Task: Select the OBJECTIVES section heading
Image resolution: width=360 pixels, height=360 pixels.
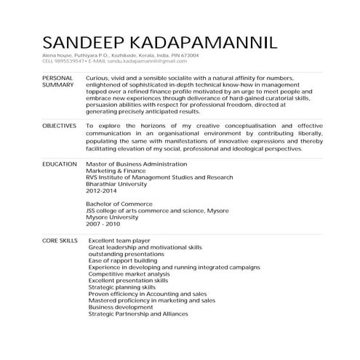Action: pos(60,126)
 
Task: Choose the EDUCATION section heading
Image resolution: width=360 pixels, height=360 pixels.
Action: pos(59,164)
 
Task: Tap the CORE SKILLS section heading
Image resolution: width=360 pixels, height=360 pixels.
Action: pos(60,239)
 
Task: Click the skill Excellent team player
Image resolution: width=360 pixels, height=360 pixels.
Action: pos(119,239)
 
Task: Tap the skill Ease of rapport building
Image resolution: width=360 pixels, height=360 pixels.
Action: pos(121,260)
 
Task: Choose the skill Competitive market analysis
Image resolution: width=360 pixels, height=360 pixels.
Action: pos(128,273)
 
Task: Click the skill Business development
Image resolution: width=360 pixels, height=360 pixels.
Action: pos(120,307)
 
